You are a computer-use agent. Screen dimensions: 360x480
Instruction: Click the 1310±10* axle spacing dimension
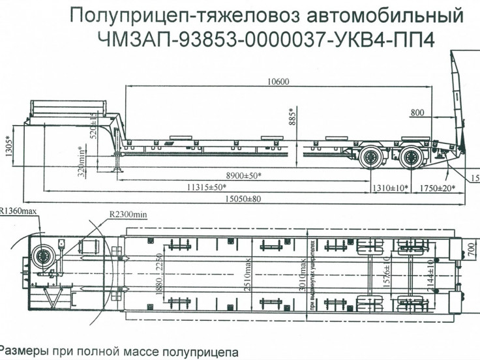[x=389, y=188]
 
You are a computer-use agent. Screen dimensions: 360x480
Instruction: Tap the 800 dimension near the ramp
[x=418, y=113]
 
